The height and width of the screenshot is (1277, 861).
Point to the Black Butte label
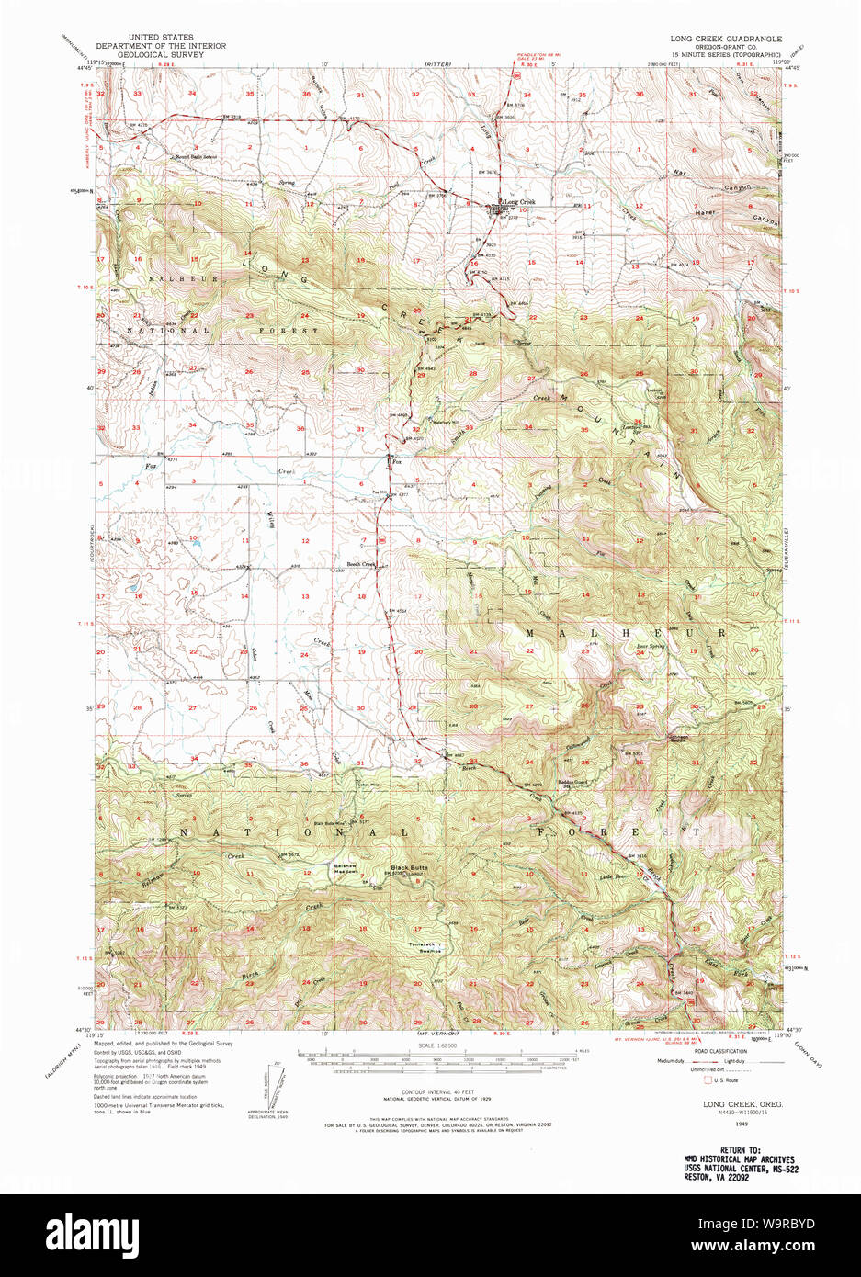pos(409,867)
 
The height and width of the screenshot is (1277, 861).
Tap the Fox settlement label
pos(398,461)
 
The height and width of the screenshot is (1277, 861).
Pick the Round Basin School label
pos(198,156)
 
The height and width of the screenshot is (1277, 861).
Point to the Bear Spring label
pos(650,646)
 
